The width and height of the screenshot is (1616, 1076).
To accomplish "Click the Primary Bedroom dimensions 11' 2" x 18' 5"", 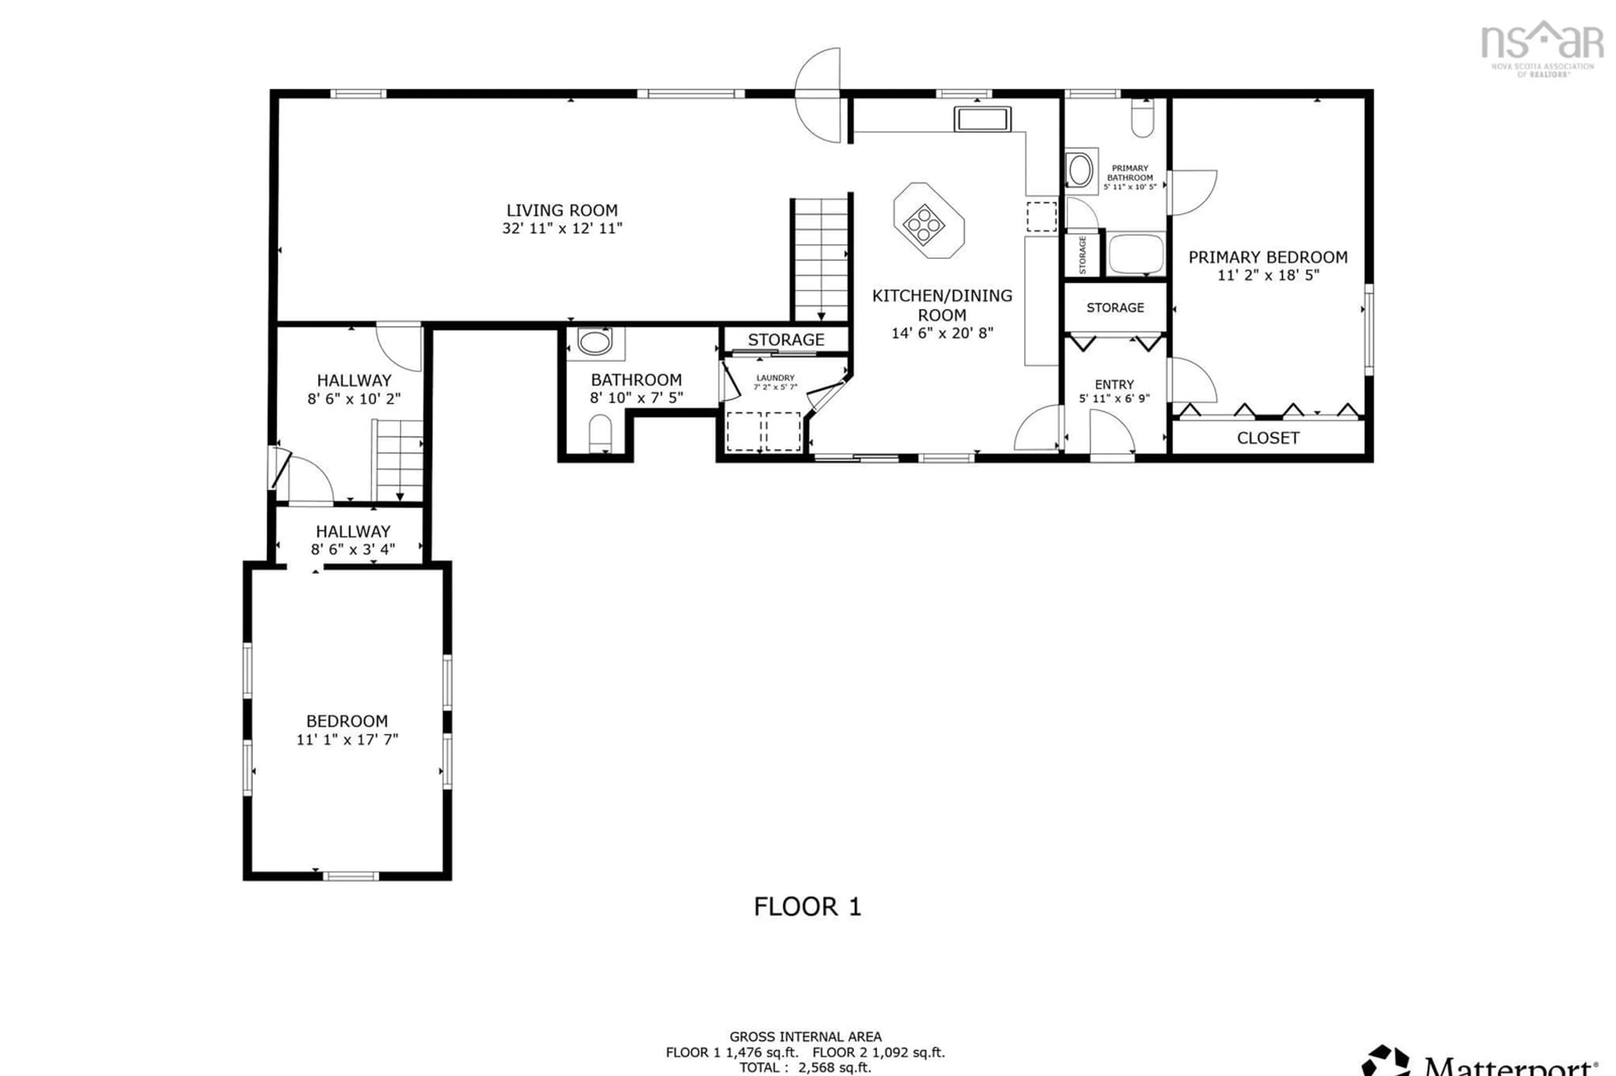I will tap(1267, 275).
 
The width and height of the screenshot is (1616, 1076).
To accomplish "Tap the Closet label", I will tap(1267, 438).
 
